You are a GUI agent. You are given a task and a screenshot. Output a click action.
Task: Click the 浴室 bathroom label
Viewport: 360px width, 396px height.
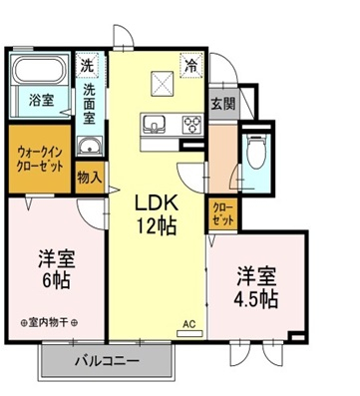click(x=41, y=100)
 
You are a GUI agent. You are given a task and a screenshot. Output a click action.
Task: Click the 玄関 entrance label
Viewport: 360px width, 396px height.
click(x=222, y=102)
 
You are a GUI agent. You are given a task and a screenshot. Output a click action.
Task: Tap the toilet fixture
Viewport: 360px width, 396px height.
click(x=257, y=153)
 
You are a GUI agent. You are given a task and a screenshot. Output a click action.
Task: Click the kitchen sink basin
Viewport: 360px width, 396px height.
click(x=156, y=126)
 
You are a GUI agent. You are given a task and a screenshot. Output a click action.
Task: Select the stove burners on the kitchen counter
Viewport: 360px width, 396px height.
click(x=189, y=126)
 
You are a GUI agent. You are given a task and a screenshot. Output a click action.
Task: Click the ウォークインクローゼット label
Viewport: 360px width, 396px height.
click(x=41, y=158)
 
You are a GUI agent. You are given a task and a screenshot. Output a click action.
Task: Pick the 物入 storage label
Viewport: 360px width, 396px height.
click(x=90, y=177)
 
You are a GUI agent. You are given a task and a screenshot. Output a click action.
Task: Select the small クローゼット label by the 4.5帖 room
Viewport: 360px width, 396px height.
click(x=222, y=213)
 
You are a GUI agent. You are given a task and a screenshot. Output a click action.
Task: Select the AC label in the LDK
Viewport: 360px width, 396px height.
click(x=188, y=324)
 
